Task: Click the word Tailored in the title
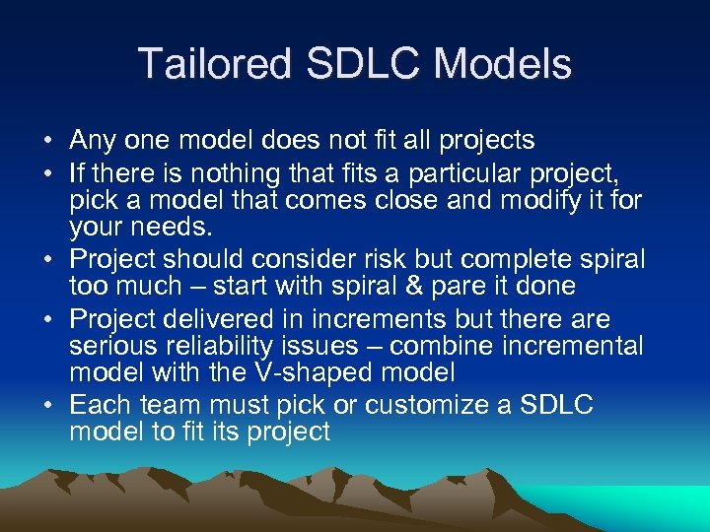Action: pos(214,64)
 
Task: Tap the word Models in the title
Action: pos(503,64)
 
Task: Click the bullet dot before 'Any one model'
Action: pos(49,141)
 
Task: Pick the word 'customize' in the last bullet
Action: pos(424,407)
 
